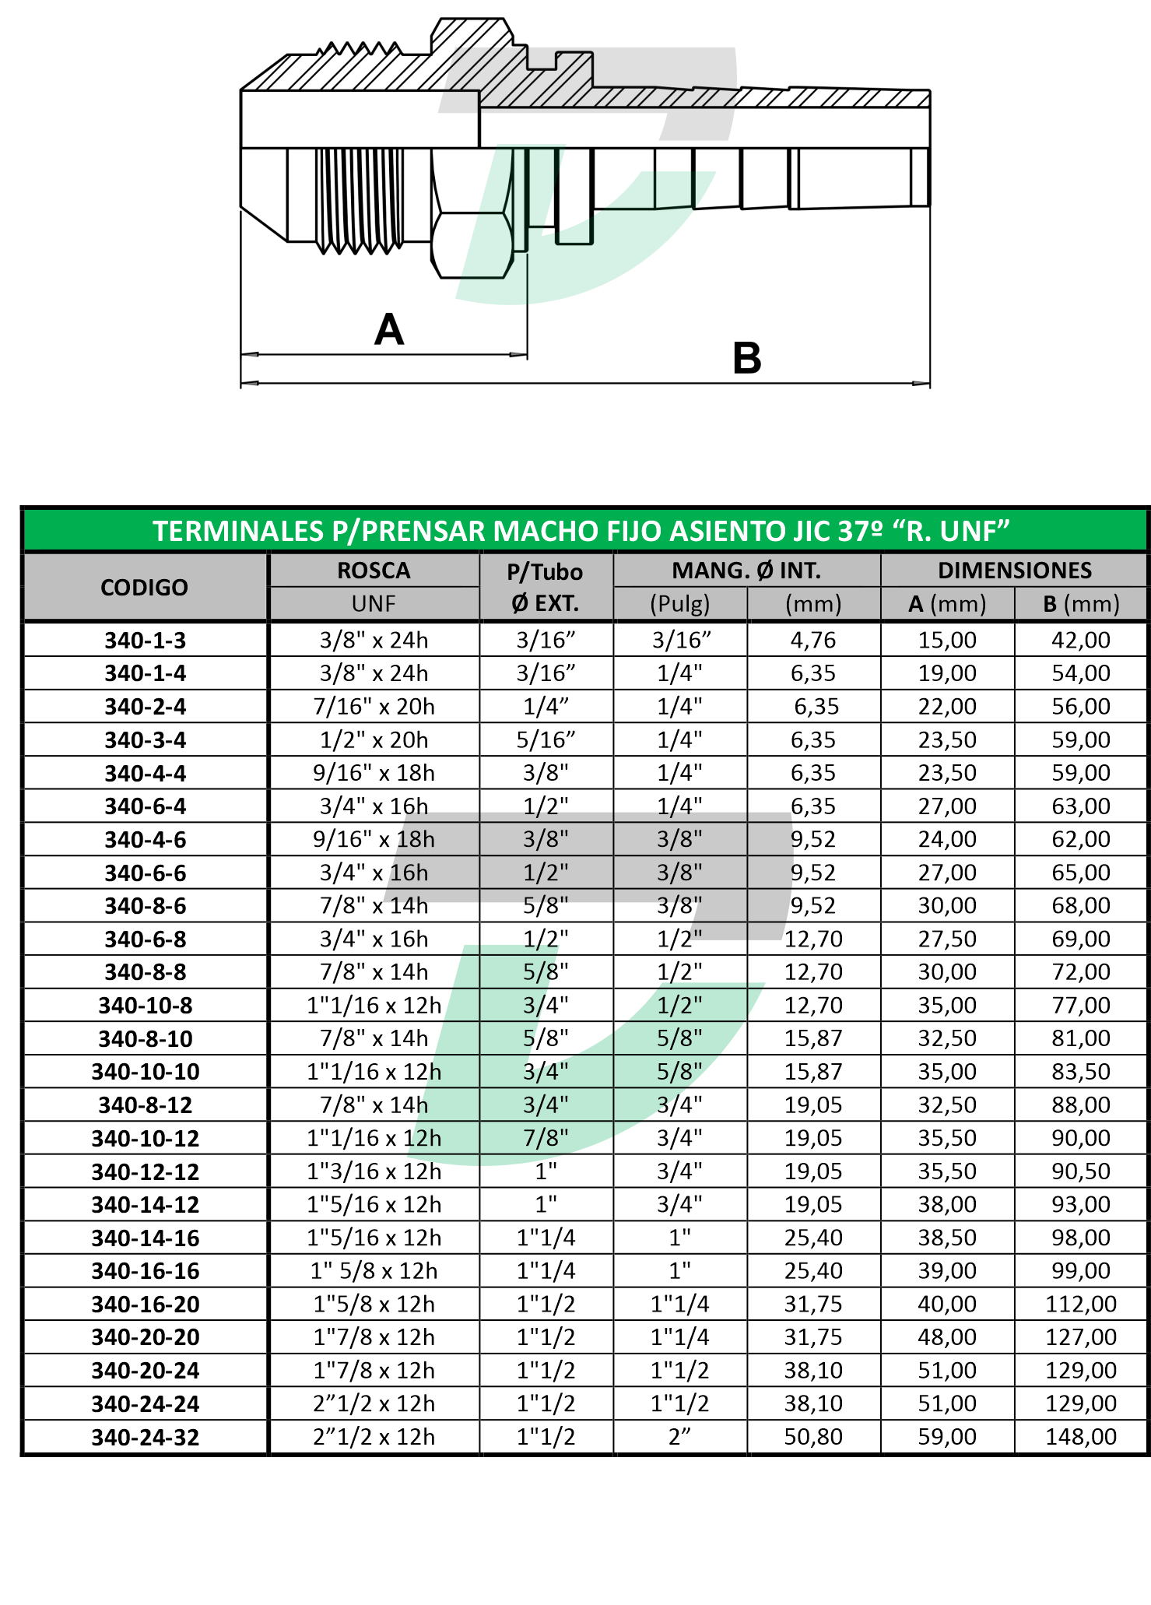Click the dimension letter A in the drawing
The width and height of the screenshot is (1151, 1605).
click(x=389, y=330)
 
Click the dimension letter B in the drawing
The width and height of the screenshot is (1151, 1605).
click(x=747, y=359)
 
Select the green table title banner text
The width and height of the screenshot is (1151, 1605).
click(x=581, y=531)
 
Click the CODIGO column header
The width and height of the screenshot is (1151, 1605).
click(x=144, y=587)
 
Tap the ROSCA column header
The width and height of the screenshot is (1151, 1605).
click(x=374, y=571)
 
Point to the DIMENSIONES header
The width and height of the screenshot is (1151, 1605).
click(x=1014, y=571)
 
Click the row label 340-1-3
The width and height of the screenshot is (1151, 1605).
click(x=146, y=641)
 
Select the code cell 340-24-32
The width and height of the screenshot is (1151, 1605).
click(x=146, y=1437)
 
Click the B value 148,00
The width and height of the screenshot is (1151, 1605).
click(x=1081, y=1437)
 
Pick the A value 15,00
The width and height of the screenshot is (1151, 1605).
click(x=947, y=641)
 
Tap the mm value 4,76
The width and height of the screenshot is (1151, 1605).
click(x=813, y=641)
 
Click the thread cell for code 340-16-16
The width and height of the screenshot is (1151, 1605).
click(x=374, y=1271)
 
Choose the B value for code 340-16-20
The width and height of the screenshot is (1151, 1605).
click(x=1081, y=1304)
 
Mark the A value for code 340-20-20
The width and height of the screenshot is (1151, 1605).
click(x=947, y=1337)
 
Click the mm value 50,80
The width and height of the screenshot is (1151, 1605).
click(x=813, y=1437)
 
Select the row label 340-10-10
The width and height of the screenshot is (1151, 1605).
click(x=146, y=1072)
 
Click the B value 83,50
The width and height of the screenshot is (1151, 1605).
click(x=1081, y=1072)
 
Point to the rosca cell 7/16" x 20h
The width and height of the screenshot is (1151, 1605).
click(x=374, y=707)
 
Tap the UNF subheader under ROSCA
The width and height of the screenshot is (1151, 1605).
click(x=374, y=604)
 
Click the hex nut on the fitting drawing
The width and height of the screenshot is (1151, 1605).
click(x=472, y=244)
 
